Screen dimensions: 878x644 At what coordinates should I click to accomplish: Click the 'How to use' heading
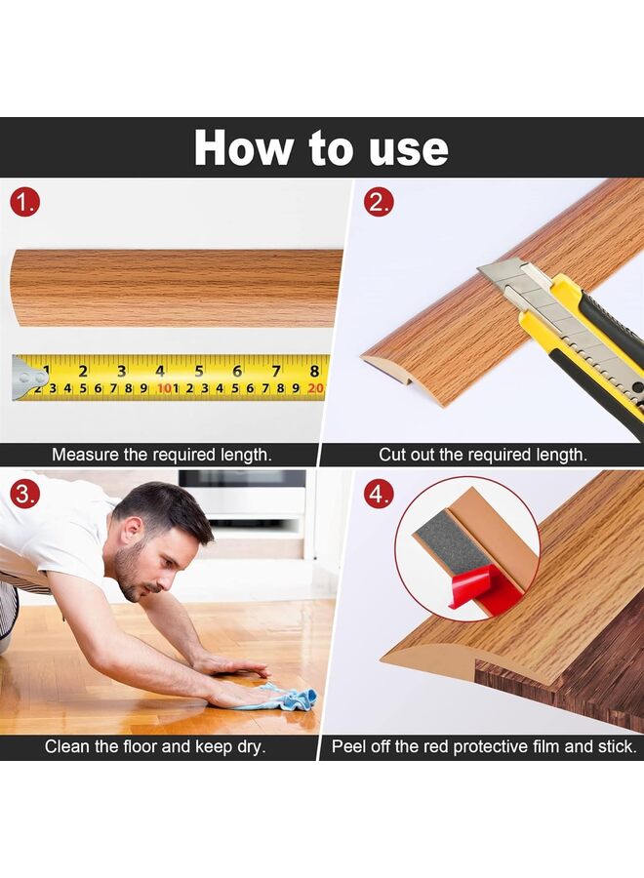tap(321, 148)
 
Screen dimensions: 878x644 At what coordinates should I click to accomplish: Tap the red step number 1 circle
tap(25, 203)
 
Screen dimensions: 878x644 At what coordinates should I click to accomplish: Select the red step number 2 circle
tap(379, 203)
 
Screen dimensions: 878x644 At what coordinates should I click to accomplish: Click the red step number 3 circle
tap(25, 494)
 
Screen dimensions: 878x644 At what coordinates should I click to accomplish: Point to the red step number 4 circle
tap(379, 494)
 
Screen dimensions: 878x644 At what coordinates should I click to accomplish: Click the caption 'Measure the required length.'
tap(162, 455)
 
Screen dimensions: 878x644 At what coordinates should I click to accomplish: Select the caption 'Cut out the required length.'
tap(483, 455)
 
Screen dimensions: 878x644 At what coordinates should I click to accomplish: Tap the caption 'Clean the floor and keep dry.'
tap(156, 747)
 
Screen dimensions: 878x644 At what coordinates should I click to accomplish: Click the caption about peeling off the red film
tap(484, 747)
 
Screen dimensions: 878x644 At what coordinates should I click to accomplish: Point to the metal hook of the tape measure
tap(27, 379)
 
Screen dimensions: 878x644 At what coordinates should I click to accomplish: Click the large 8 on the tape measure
tap(314, 372)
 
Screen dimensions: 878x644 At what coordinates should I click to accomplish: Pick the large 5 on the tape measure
tap(199, 372)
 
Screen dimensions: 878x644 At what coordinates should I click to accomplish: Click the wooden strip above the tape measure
tap(176, 288)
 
